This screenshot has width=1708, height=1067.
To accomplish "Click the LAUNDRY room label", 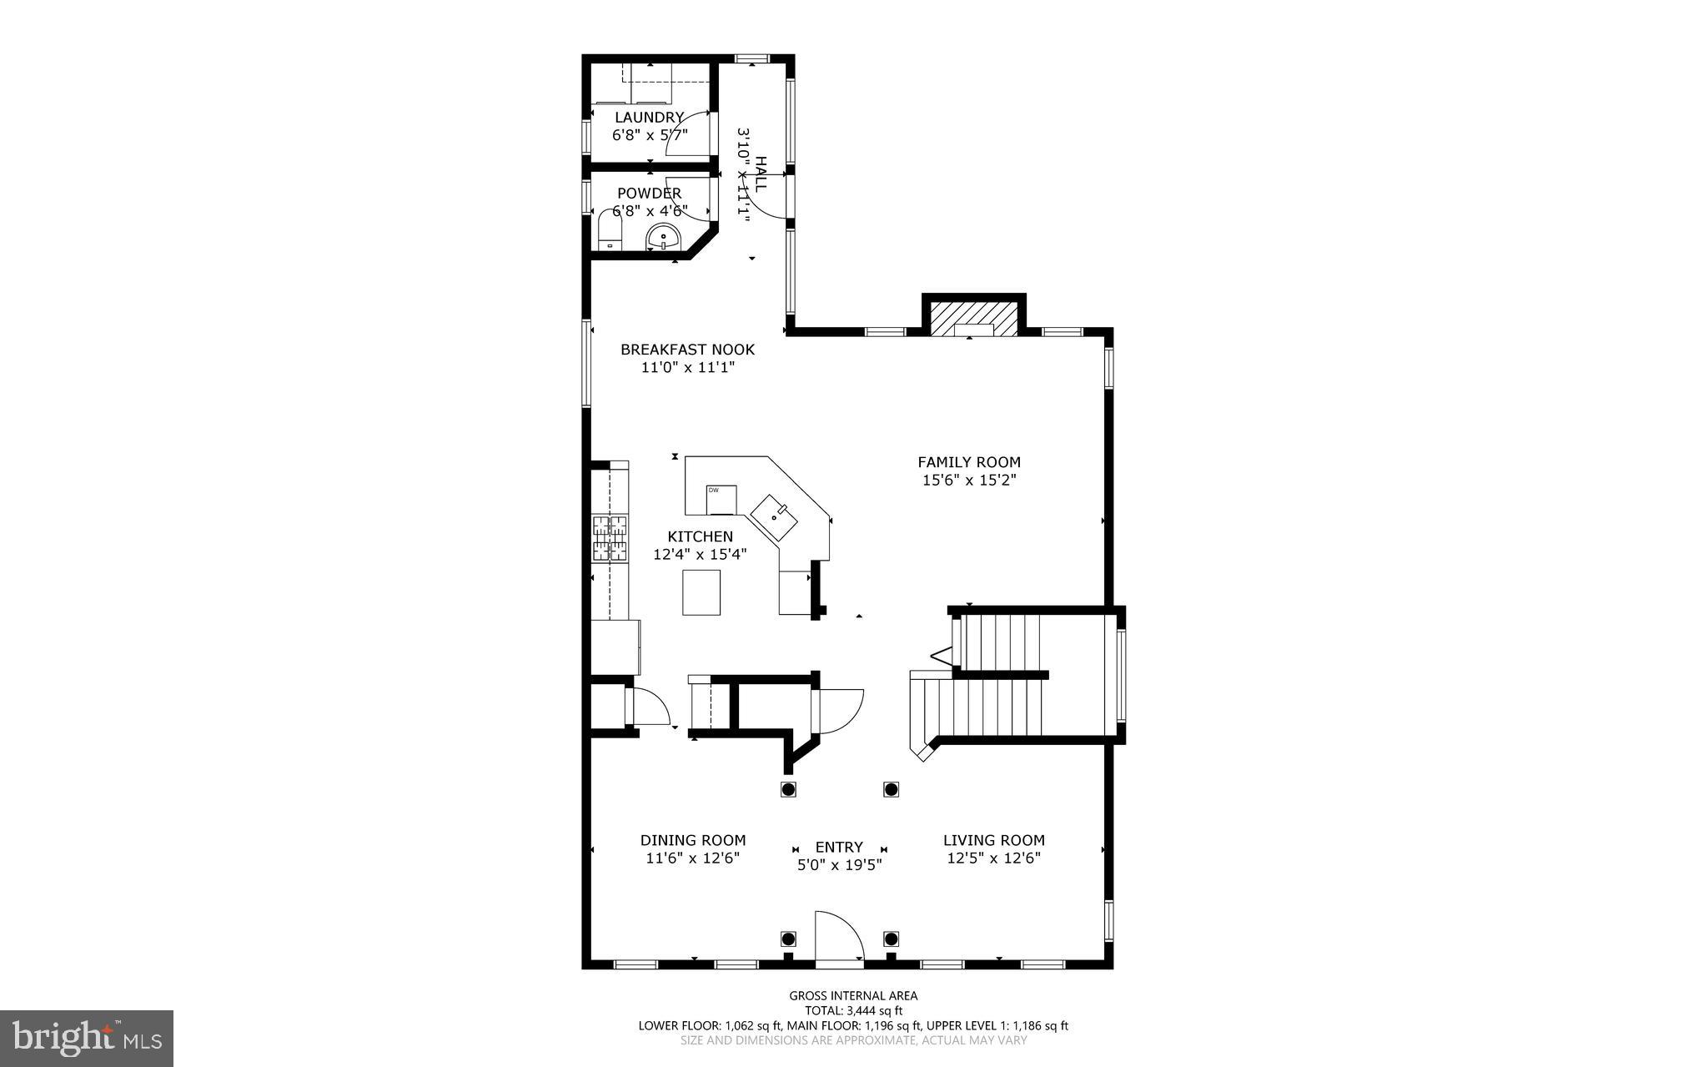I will coord(649,118).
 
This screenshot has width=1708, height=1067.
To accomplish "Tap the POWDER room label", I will coord(649,194).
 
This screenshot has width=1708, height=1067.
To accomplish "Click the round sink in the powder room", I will coord(664,238).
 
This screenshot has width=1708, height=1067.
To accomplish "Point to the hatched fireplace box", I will coord(973,319).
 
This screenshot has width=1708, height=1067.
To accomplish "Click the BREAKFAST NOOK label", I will coord(687,350).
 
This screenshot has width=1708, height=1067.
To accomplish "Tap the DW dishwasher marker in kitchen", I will coord(721,499).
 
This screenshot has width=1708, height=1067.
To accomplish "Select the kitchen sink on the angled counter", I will coord(775,518).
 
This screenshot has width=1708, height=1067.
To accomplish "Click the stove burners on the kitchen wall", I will coord(610,538).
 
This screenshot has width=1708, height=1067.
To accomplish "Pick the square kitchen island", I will coord(701,592).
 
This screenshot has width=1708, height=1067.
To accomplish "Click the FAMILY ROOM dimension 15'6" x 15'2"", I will coord(969,481).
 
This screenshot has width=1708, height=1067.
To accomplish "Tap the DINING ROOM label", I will coord(693,840).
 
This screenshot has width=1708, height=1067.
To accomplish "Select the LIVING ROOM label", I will coord(993,840).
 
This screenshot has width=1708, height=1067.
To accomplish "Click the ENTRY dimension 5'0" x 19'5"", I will coord(839,865).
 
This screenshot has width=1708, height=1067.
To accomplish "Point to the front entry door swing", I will coord(837,938).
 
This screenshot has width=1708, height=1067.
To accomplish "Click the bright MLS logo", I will coord(87,1038).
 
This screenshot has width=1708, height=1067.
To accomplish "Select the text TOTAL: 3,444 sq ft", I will coord(853,1010).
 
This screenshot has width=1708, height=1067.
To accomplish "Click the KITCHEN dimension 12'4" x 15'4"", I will coord(700,553).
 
